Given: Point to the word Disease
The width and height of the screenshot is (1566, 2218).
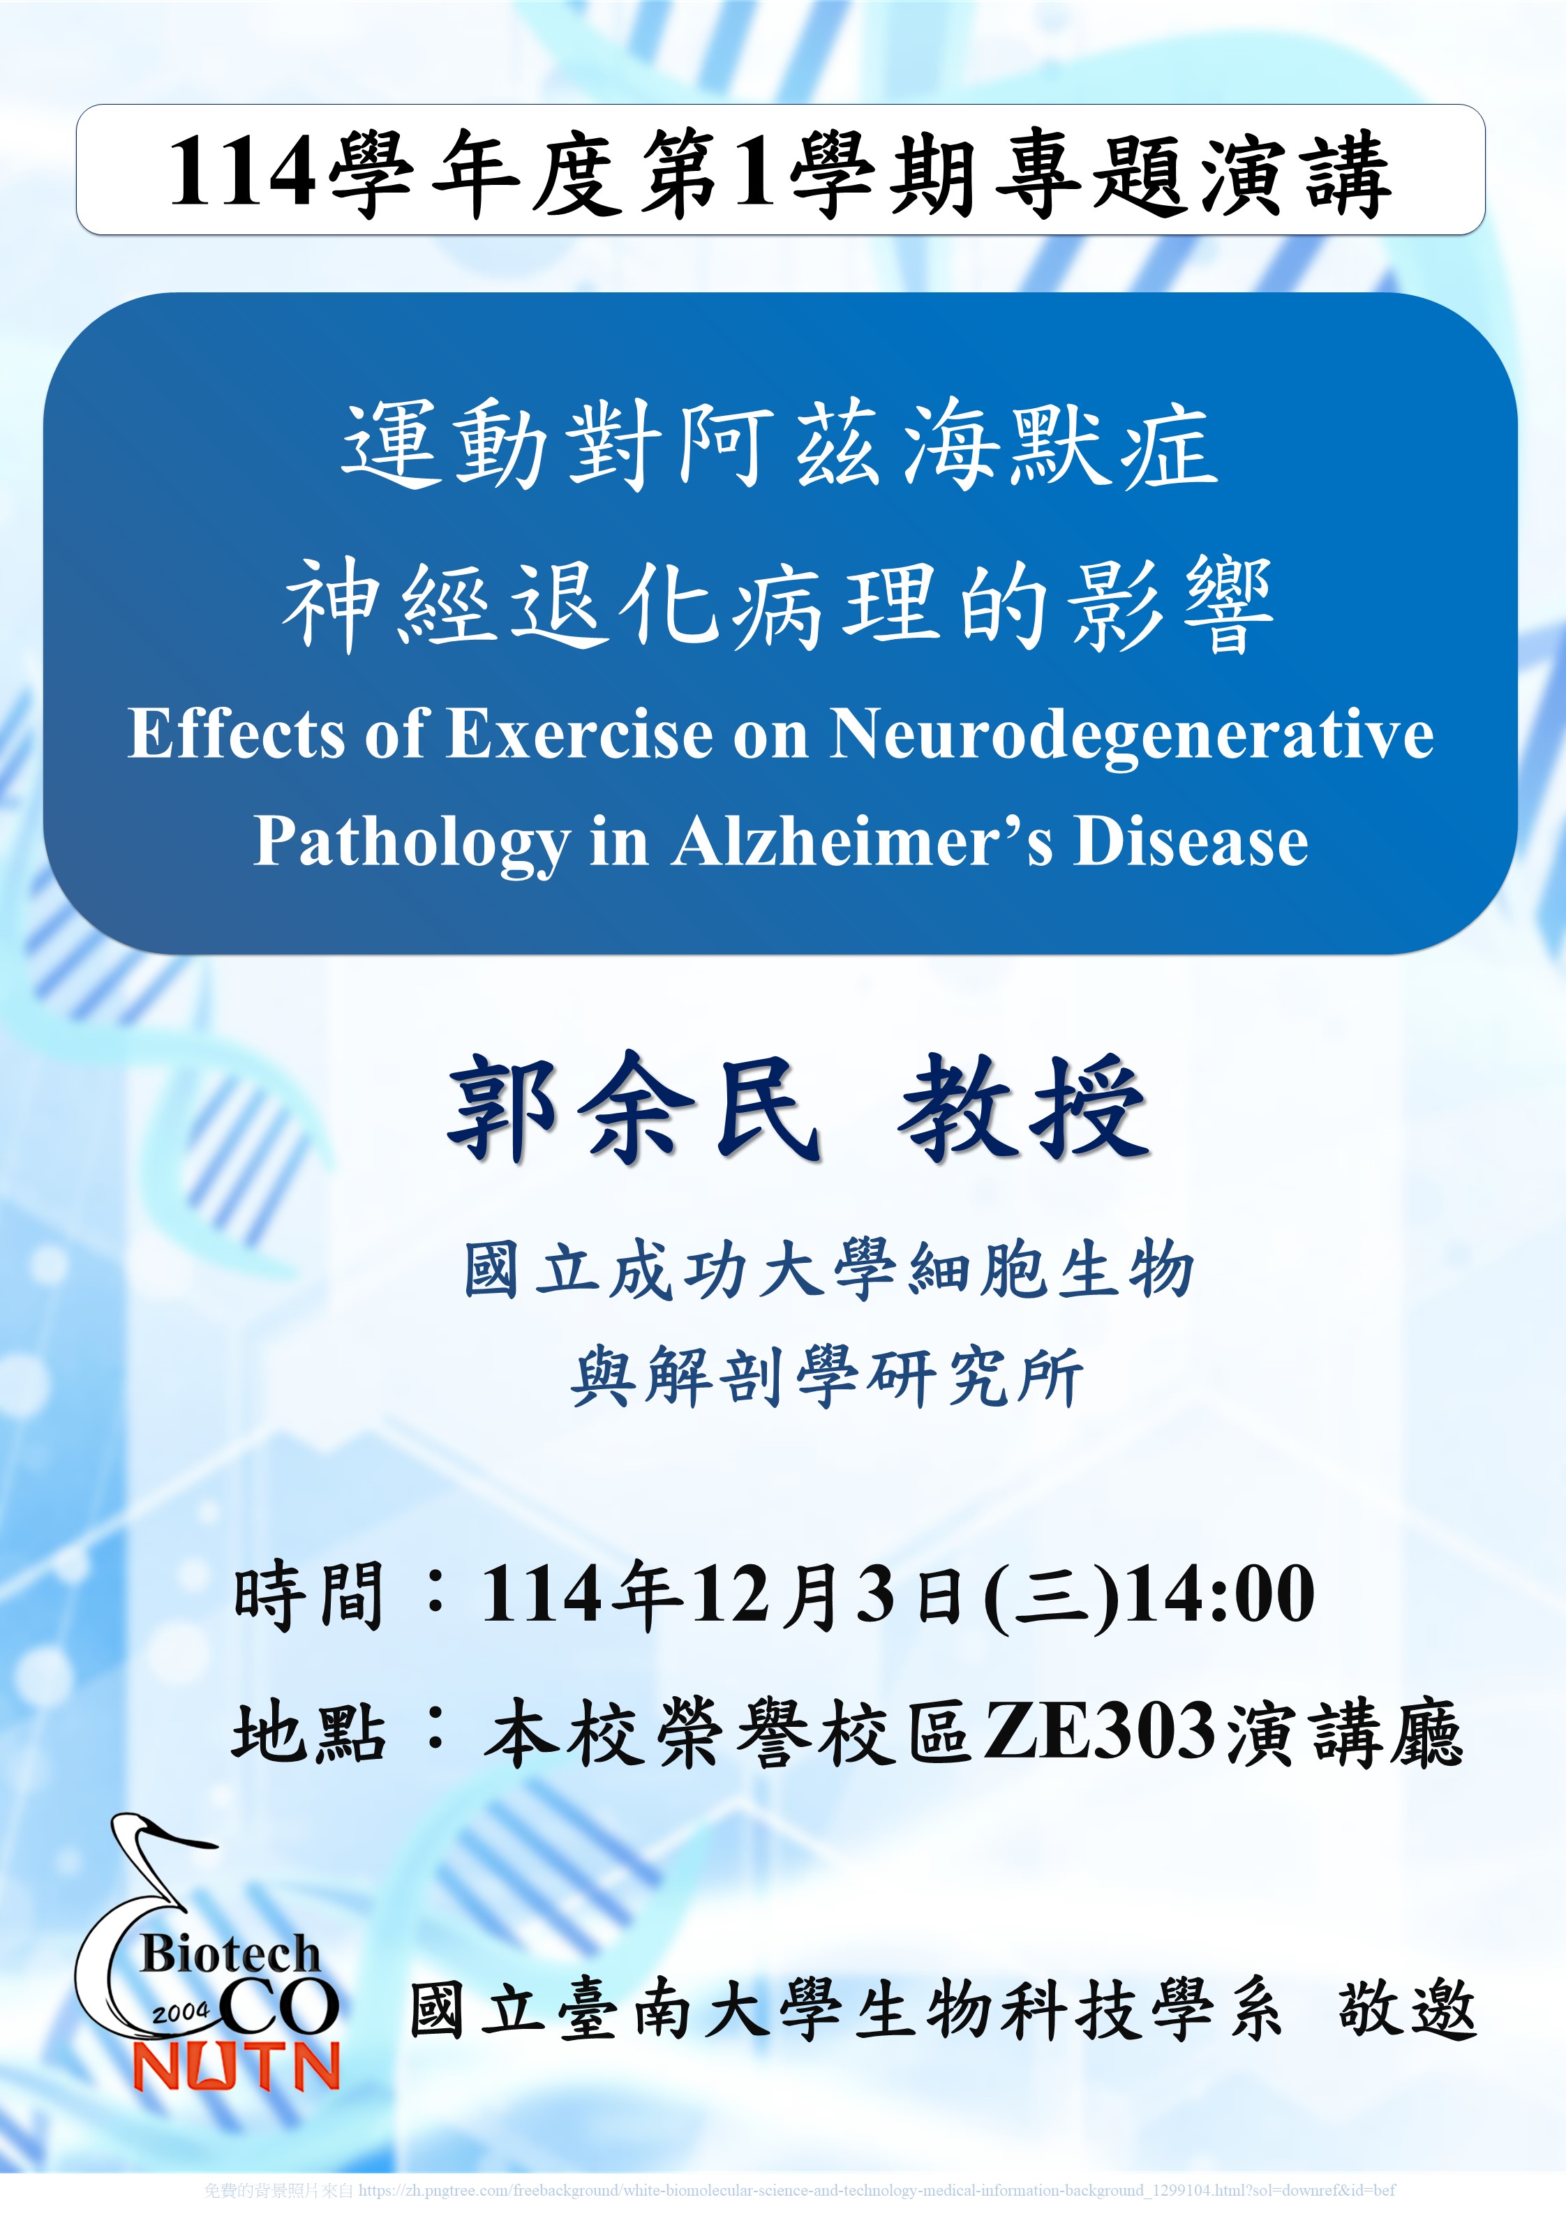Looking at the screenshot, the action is pyautogui.click(x=1191, y=841).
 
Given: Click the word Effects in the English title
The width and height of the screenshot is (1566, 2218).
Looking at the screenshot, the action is pyautogui.click(x=237, y=733).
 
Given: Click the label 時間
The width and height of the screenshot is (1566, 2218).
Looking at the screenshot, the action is pyautogui.click(x=309, y=1595).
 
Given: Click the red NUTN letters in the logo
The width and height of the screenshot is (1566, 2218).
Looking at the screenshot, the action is pyautogui.click(x=237, y=2067).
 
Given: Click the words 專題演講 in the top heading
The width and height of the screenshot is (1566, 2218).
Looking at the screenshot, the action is pyautogui.click(x=1193, y=174).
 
